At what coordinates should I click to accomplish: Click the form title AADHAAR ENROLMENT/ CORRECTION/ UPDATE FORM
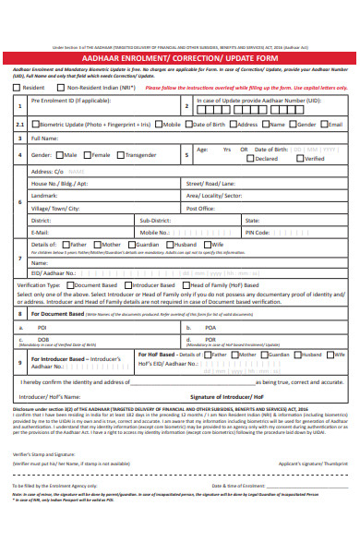(180, 57)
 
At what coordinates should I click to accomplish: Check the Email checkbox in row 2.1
(325, 123)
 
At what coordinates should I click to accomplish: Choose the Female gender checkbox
(88, 155)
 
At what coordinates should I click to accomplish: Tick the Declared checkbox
(251, 159)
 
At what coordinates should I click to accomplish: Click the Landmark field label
(44, 196)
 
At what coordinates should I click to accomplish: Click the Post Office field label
(200, 209)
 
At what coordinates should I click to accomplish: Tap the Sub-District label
(154, 221)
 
